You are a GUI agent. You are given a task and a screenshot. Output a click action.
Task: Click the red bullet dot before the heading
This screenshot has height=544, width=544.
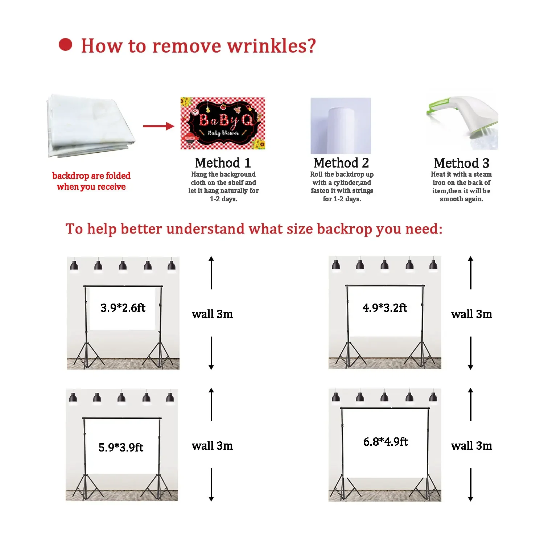pos(66,45)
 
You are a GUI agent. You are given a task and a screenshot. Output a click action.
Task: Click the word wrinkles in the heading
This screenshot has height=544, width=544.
pos(272,46)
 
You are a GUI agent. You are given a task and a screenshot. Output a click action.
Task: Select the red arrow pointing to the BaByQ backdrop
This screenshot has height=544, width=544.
pos(158,126)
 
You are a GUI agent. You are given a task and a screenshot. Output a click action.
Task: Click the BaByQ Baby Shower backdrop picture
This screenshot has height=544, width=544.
pos(223,123)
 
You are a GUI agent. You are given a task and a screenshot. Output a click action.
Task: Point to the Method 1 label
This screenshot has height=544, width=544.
pos(223,163)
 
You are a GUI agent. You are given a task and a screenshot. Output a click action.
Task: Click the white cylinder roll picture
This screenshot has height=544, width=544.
pos(341,126)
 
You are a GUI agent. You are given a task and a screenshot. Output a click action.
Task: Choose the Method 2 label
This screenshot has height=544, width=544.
pos(341,163)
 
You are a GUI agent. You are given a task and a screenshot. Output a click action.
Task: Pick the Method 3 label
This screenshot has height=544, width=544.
pos(461,163)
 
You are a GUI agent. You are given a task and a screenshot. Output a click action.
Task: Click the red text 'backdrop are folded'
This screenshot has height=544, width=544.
pos(91,176)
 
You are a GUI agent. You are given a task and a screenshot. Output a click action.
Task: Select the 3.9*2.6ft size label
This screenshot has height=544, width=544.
pos(123,308)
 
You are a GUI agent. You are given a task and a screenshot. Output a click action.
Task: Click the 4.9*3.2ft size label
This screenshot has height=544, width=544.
pos(385,308)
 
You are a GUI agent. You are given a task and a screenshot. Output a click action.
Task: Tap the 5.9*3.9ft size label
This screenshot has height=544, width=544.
pos(121,447)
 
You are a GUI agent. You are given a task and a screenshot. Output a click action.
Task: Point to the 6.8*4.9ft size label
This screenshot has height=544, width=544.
pos(386,442)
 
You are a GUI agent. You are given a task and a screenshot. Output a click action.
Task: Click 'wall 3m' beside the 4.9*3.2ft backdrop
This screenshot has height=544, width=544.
pos(471,314)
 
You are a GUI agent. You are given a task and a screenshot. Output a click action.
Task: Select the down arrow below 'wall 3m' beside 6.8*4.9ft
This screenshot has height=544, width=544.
pos(471,485)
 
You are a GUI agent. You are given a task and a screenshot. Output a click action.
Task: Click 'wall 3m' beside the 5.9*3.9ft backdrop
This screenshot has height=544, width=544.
pos(212,446)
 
